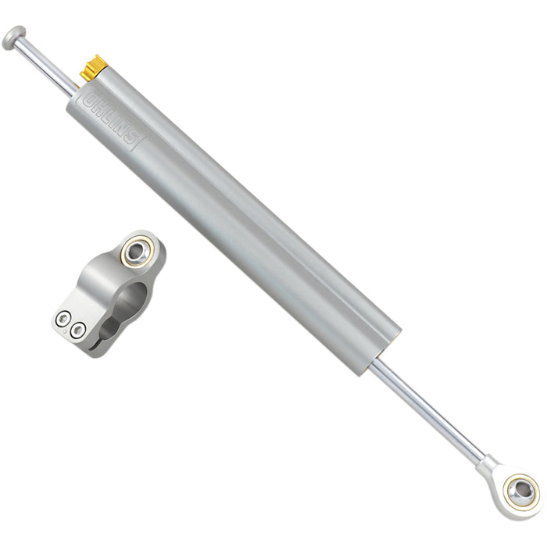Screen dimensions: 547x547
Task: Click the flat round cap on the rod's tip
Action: (14, 37)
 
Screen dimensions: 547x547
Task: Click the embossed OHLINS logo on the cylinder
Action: (113, 120)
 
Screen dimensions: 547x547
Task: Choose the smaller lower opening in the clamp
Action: (109, 328)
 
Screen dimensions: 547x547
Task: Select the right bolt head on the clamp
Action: (78, 331)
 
